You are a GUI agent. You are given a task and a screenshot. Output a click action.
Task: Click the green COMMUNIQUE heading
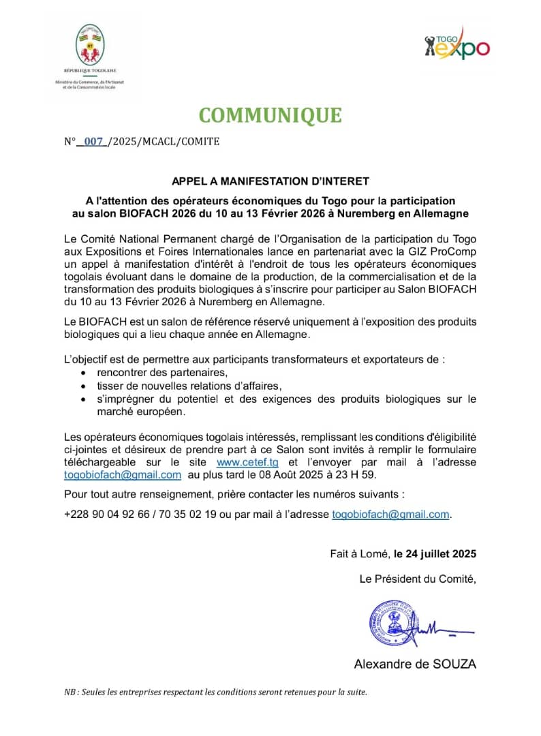click(270, 115)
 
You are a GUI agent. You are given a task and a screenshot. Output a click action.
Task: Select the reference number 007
click(93, 142)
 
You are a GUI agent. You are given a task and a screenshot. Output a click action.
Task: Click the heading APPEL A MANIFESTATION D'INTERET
click(270, 181)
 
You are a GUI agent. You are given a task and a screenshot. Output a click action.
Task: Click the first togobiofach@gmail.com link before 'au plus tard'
click(123, 475)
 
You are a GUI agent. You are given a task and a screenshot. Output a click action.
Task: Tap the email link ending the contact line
click(390, 515)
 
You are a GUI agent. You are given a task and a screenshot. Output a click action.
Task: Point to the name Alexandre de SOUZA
click(414, 664)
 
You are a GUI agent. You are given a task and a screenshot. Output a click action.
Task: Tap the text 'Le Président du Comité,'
click(418, 579)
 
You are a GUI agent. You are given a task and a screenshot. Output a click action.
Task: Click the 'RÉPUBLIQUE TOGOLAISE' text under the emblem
click(89, 71)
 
